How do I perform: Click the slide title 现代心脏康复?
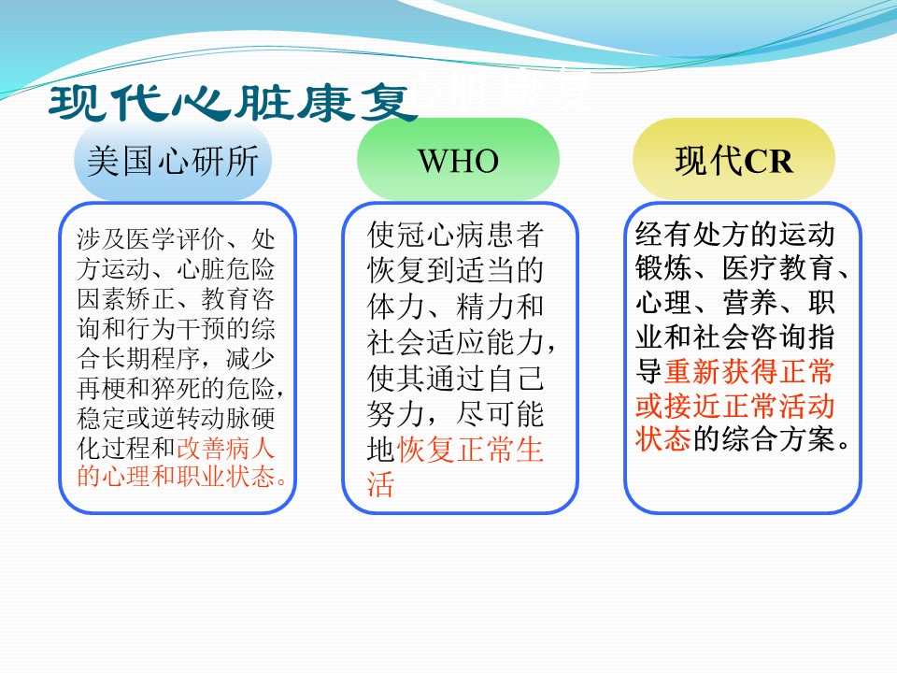point(234,103)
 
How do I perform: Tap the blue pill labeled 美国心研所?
point(173,160)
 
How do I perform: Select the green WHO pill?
point(458,160)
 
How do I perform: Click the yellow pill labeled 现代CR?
point(734,160)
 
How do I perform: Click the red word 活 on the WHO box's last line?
point(381,484)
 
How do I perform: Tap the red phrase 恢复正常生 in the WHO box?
point(470,449)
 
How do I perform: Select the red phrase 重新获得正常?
point(749,371)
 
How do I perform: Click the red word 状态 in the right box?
point(663,439)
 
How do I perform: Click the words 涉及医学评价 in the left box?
point(149,238)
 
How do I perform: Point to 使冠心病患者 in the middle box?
point(455,235)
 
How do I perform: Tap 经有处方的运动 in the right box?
point(735,234)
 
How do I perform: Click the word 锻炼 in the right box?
point(663,268)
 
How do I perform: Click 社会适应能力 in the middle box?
point(455,342)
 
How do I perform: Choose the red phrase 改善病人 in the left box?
point(226,447)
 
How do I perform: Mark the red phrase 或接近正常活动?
point(735,406)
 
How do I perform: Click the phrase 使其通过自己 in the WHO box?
point(455,378)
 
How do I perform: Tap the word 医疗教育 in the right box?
point(778,268)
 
